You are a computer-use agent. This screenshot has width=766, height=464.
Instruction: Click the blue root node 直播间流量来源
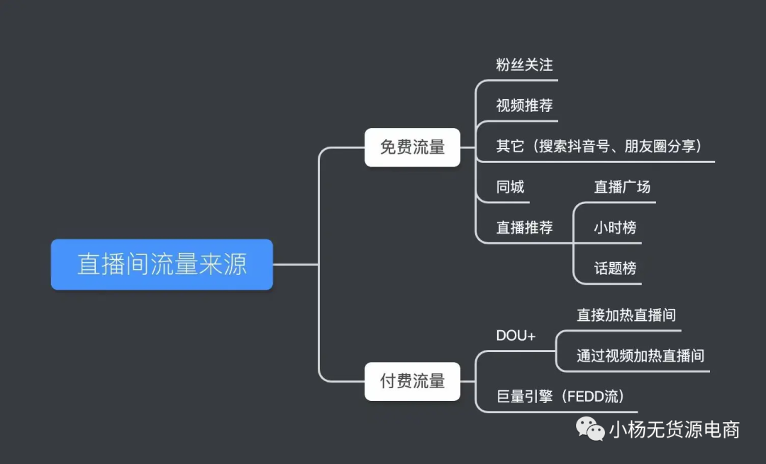[162, 264]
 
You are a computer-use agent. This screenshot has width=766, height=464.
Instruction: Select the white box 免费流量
[412, 147]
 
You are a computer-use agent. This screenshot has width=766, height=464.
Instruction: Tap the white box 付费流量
[412, 382]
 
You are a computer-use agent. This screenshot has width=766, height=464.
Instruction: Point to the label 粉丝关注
[524, 65]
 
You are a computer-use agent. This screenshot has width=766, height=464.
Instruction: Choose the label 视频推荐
[524, 106]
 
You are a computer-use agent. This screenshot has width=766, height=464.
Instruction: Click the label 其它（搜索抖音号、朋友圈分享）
[599, 146]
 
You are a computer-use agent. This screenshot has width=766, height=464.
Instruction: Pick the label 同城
[510, 187]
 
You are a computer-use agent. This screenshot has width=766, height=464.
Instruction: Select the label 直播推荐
[524, 227]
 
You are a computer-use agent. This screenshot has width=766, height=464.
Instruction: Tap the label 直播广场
[622, 187]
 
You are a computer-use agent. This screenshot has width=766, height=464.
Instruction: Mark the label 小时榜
[615, 227]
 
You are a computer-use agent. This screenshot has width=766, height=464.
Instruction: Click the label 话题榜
[615, 268]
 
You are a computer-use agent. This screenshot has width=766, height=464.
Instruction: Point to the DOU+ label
[516, 336]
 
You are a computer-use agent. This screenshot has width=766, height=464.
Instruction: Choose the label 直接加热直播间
[626, 315]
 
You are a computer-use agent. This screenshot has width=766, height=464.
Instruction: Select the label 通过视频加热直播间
[640, 356]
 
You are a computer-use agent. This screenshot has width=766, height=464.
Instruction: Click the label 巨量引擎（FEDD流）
[560, 396]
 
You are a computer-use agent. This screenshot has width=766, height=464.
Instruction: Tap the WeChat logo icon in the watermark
[590, 429]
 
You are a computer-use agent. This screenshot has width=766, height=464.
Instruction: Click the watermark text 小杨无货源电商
[675, 430]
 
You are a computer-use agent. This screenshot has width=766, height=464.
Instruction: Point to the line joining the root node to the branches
[296, 264]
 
